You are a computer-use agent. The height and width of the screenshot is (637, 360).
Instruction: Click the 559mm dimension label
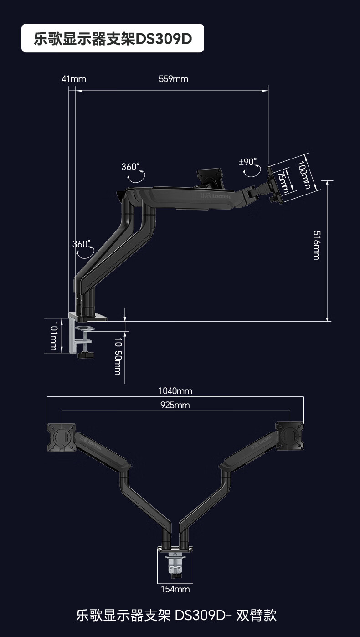click(x=174, y=79)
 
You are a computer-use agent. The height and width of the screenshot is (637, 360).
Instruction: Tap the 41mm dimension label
click(x=74, y=79)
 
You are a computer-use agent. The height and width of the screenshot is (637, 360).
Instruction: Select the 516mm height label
click(x=317, y=245)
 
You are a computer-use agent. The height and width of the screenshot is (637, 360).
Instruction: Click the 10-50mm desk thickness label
click(x=118, y=356)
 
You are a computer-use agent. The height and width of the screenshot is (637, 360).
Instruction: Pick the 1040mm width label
click(x=175, y=391)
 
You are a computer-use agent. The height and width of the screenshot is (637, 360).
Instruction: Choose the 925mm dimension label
click(x=175, y=405)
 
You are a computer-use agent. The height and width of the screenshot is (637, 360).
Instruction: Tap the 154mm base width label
click(x=175, y=589)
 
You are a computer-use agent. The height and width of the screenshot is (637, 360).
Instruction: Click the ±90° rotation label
click(x=247, y=162)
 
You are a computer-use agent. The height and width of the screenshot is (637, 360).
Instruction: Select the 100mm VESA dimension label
click(x=303, y=175)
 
